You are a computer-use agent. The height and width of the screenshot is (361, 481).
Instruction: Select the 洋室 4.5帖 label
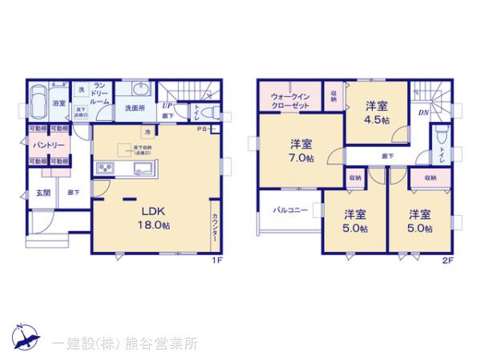coord(378,112)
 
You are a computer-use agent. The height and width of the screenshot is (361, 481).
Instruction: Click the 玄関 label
coord(42,193)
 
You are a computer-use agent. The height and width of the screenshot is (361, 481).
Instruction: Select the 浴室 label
coord(59,103)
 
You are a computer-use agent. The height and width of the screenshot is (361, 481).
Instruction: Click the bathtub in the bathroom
coord(38,105)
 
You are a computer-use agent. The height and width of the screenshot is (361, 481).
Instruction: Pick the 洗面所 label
coord(133,108)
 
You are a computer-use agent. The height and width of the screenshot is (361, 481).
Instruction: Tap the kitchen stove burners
coord(107,168)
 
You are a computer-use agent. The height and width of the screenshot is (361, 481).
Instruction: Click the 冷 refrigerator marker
coord(148,132)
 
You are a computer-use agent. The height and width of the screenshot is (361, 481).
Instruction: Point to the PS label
coord(204,128)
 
